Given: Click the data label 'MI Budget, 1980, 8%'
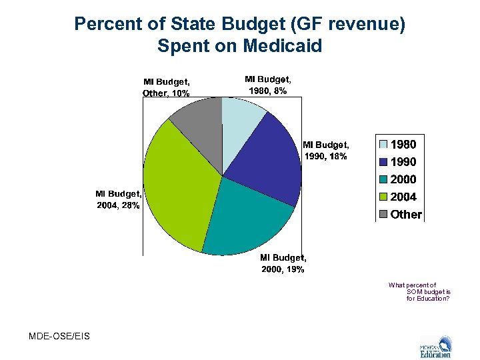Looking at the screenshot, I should click(x=267, y=85).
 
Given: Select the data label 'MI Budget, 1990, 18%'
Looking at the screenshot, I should click(x=325, y=150).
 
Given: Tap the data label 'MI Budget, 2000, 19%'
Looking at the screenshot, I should click(x=283, y=263).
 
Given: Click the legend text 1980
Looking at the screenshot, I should click(x=403, y=144).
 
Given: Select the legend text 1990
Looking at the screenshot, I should click(x=403, y=162).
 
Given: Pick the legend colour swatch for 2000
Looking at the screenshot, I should click(x=383, y=179).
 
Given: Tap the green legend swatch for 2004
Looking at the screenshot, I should click(x=383, y=197).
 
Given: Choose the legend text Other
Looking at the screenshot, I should click(x=406, y=215).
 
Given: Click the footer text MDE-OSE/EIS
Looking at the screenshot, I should click(x=59, y=335).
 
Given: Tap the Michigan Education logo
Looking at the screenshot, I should click(x=435, y=346).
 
